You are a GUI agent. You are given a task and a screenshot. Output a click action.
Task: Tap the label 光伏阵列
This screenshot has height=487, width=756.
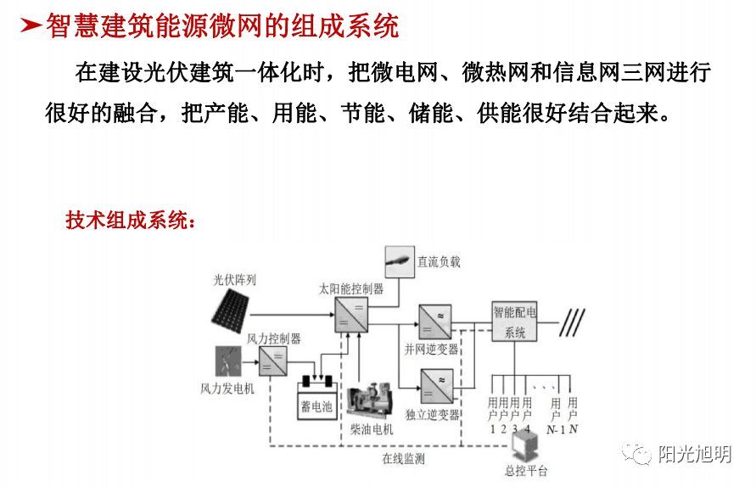[x=234, y=279]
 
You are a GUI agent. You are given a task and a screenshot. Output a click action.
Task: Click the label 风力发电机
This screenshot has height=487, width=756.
[x=221, y=389]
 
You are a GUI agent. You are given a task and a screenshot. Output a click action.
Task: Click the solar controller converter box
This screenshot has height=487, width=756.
[x=350, y=315]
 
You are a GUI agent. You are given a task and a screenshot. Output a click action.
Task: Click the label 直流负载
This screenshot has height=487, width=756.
[x=439, y=262]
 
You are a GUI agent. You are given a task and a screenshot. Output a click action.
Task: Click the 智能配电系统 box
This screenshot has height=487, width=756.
[x=515, y=322]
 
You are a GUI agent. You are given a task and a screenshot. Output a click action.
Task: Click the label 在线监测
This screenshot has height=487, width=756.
[x=403, y=459]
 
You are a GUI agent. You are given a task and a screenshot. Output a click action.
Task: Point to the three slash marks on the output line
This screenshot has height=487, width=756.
[x=574, y=322]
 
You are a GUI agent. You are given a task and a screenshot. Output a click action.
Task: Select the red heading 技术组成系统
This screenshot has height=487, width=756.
[x=132, y=221]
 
